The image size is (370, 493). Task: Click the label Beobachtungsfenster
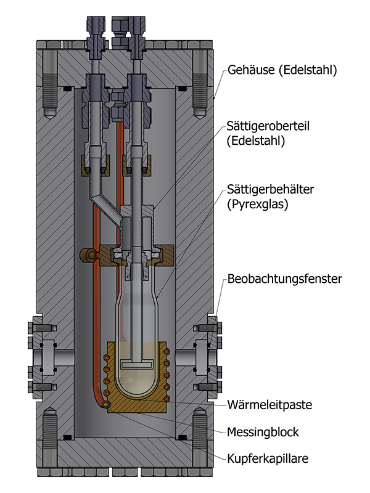(284, 279)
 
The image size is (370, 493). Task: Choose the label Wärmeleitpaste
(270, 405)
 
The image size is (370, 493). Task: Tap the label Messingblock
(263, 432)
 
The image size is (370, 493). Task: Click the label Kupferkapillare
(268, 459)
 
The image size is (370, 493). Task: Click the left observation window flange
(46, 356)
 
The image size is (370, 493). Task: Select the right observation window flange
(203, 356)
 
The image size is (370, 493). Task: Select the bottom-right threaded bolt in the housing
(201, 439)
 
